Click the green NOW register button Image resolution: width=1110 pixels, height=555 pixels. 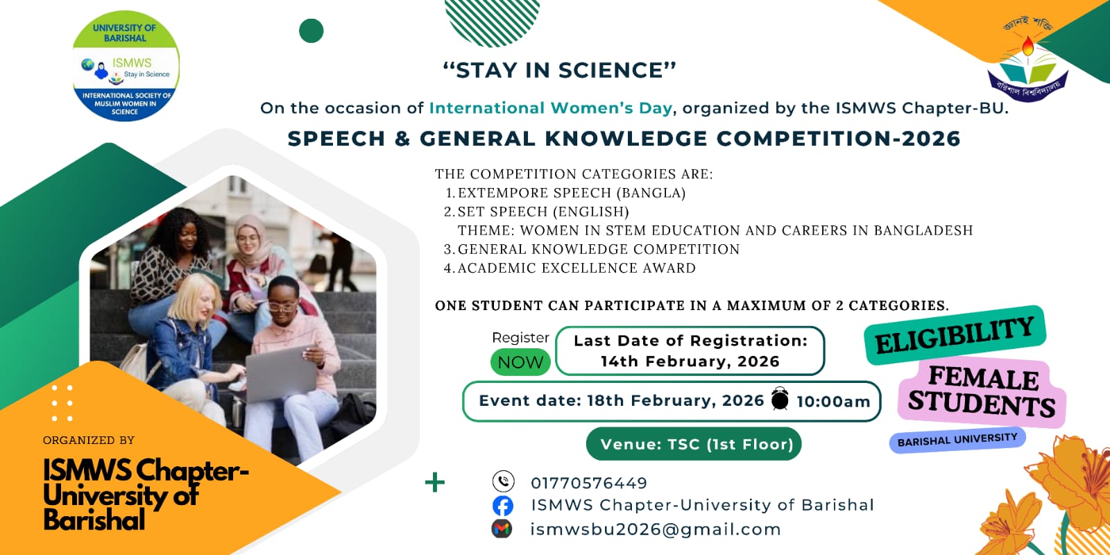520,361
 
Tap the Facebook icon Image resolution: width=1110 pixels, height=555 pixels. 502,506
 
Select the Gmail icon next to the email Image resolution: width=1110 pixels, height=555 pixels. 502,529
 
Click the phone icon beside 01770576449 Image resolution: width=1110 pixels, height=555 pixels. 503,481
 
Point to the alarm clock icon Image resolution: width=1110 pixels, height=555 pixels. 780,398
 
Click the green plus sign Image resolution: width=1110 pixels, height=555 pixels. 434,482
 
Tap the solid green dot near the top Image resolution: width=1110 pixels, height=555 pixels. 311,31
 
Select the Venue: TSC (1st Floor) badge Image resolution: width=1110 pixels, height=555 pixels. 694,444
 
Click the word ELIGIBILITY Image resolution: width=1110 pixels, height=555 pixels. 955,336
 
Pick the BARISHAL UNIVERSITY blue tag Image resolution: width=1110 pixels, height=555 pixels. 957,440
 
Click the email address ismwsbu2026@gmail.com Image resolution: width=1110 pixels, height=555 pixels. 656,529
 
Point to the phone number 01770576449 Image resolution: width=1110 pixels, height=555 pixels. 589,483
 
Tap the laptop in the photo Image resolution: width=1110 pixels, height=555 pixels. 281,373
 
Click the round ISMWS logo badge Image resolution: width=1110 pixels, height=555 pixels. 126,66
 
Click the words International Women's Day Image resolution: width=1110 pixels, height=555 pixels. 551,108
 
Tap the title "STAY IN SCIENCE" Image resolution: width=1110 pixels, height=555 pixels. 559,70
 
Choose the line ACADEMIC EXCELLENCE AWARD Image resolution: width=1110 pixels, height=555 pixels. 577,268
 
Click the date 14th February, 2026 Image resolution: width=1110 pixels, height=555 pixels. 690,361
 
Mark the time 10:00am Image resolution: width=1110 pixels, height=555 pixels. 833,402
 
